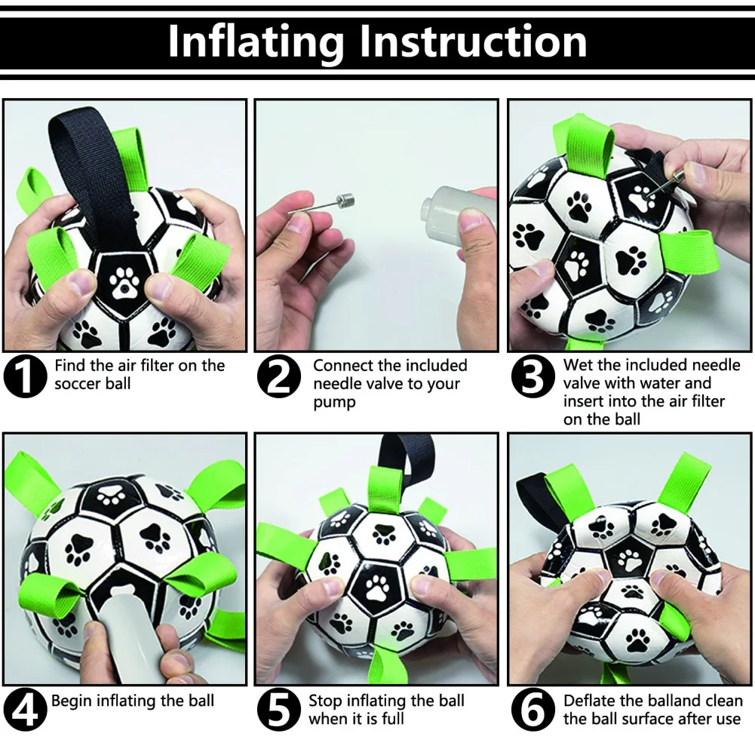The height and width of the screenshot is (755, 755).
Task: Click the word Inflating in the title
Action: [x=256, y=42]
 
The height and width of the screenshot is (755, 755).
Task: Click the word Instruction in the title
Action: [x=474, y=41]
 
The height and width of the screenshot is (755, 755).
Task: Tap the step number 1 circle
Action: [x=25, y=376]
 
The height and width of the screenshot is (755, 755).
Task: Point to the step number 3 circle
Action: [x=532, y=376]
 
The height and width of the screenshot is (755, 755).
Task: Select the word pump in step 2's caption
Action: [x=334, y=402]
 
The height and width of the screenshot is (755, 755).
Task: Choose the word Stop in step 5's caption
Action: [x=326, y=701]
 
